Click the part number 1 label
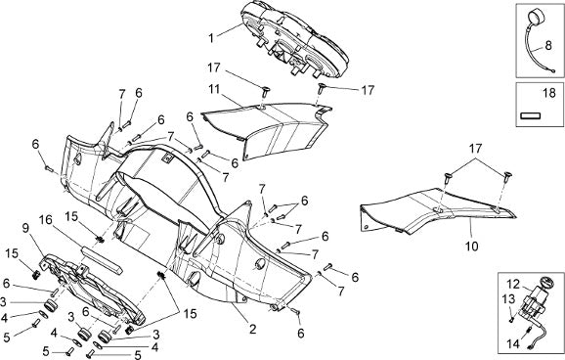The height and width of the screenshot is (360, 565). (211, 38)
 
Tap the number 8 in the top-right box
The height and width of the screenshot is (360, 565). (548, 45)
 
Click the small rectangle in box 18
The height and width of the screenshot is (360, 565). (531, 115)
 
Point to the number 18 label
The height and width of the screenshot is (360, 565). (549, 94)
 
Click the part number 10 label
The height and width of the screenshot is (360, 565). (472, 247)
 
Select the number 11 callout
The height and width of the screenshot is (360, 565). (214, 89)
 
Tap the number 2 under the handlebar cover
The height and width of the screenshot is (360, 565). (252, 329)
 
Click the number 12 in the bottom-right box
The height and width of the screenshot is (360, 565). (513, 285)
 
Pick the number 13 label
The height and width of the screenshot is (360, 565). (509, 298)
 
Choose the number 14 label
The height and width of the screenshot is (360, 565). (513, 343)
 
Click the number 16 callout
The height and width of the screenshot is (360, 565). (46, 220)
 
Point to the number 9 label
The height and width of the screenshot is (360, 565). (25, 228)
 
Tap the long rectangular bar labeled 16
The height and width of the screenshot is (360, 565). (102, 259)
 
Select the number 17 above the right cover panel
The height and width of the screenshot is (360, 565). (475, 148)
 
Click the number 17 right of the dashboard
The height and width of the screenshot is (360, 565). (368, 90)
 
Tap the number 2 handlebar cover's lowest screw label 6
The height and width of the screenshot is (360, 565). (300, 334)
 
